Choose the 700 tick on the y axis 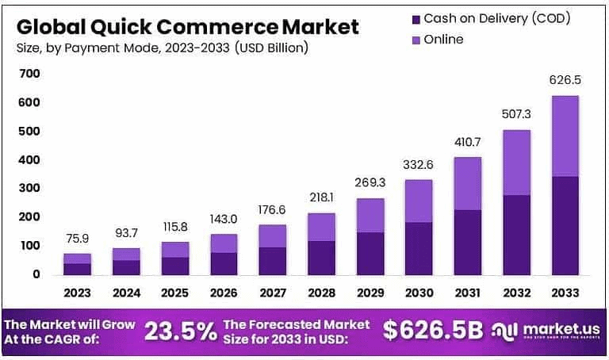coord(31,74)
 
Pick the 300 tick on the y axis coord(31,188)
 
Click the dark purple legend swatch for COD coord(416,17)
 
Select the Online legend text coord(444,39)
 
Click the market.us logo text coord(558,328)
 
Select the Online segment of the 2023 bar coord(78,259)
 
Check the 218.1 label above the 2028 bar coord(321,197)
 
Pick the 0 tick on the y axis coord(36,274)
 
